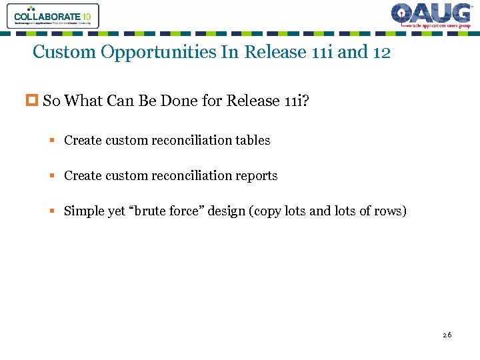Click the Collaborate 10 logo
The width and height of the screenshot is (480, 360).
click(53, 15)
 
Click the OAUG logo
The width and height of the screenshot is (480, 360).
click(431, 15)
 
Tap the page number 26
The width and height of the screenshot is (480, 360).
click(447, 335)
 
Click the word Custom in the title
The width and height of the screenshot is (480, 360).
click(64, 52)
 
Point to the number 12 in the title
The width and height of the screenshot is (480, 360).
click(381, 52)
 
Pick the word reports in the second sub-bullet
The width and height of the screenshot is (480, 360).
click(255, 175)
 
